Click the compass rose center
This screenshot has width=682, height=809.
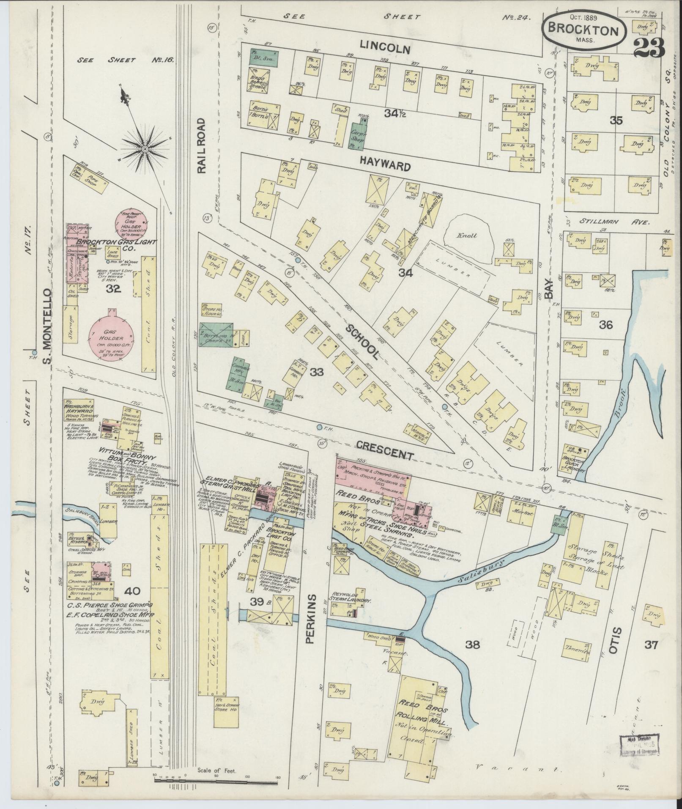(x=145, y=149)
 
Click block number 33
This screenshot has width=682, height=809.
(x=316, y=372)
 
